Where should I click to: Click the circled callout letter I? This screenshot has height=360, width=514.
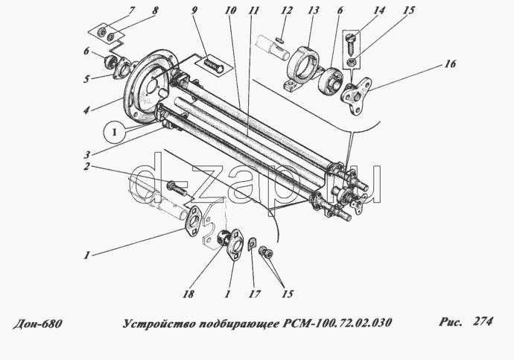(x=115, y=133)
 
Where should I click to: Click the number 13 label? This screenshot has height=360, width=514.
(x=313, y=10)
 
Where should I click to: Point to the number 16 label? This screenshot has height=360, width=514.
(x=450, y=63)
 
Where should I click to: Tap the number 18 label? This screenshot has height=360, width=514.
(x=188, y=294)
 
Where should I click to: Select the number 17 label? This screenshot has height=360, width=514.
(x=254, y=294)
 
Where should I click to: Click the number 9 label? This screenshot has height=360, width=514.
(x=194, y=10)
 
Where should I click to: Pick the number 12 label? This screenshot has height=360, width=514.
(x=287, y=10)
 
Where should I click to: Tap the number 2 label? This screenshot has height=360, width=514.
(x=86, y=166)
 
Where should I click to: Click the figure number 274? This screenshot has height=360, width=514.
(x=483, y=321)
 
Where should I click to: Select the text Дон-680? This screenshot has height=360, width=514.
(x=37, y=324)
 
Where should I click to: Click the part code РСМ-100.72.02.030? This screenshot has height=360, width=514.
(x=337, y=323)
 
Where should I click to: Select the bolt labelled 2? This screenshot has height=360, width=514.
(x=177, y=188)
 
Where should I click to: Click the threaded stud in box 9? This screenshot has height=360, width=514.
(x=213, y=65)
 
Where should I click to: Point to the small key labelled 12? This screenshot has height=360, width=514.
(x=279, y=40)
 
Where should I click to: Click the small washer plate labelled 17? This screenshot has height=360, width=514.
(x=252, y=243)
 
